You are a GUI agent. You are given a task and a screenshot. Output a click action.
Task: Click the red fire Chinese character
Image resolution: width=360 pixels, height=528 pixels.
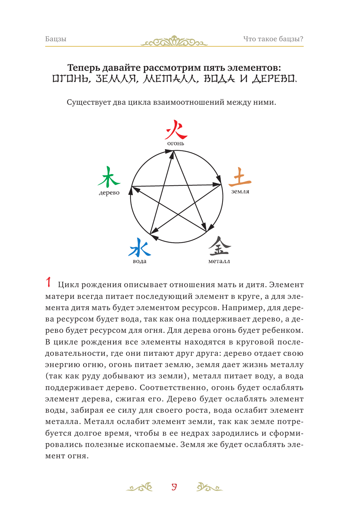[176, 130]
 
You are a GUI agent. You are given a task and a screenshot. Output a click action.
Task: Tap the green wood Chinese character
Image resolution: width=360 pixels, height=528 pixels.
[108, 177]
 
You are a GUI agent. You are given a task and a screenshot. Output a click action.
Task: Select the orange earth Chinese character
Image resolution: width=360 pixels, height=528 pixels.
[240, 177]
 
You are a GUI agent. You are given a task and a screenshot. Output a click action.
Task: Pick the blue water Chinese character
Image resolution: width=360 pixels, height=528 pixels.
[139, 247]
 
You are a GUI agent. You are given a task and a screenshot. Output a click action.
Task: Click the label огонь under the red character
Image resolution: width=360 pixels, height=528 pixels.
[176, 143]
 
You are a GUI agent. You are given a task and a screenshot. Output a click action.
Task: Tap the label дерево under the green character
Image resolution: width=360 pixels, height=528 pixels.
[109, 193]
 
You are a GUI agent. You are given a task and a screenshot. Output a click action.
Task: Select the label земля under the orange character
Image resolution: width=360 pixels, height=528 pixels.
[240, 192]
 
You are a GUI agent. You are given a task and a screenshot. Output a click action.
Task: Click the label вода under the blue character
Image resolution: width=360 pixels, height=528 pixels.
[140, 261]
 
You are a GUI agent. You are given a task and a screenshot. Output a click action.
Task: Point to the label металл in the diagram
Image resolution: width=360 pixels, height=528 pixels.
[219, 261]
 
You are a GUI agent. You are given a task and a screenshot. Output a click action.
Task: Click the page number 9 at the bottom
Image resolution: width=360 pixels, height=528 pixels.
[174, 487]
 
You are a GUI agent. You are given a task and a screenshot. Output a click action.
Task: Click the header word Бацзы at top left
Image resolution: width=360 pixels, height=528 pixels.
[56, 39]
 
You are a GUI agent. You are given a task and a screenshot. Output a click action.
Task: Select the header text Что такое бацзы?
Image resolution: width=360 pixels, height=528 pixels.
[273, 39]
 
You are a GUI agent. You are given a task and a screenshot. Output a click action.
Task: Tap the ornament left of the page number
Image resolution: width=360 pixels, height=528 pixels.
[140, 487]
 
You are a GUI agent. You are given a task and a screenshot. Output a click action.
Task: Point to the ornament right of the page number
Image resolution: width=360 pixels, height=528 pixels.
[209, 487]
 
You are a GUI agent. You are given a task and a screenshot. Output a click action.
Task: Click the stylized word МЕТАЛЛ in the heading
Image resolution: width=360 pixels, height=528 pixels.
[171, 79]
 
